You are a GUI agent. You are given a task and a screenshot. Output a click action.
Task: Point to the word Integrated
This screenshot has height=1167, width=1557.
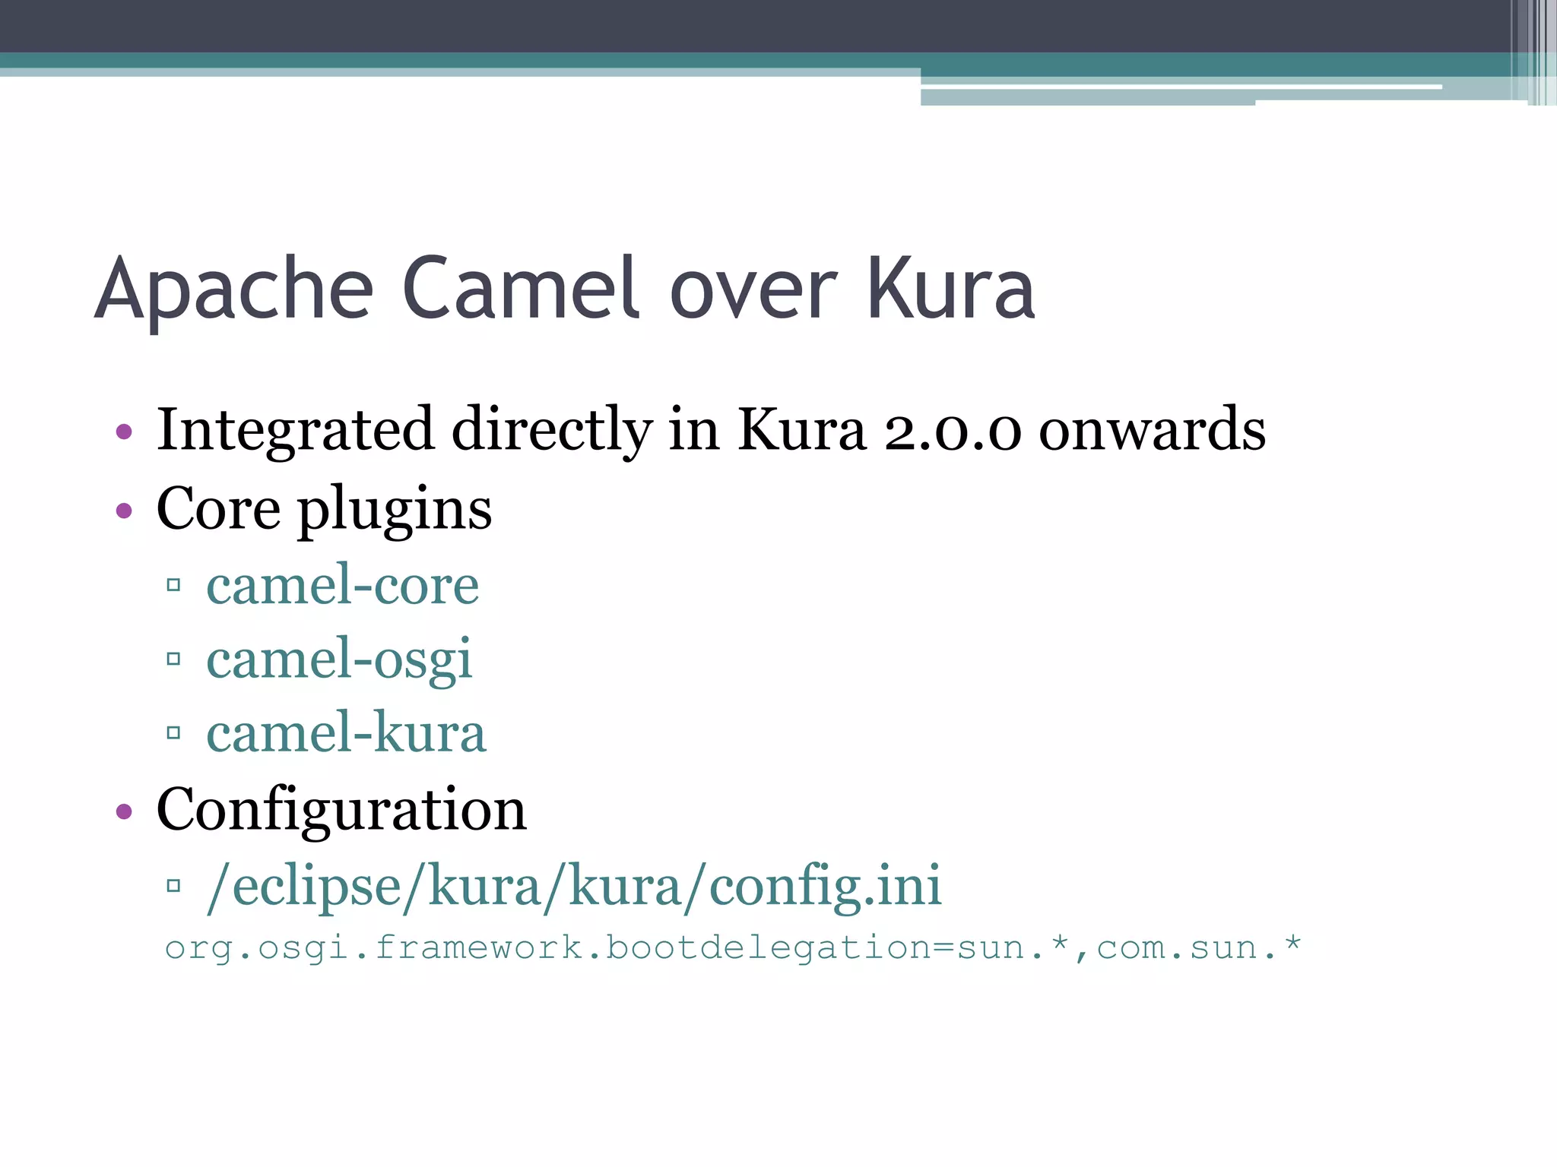coord(295,430)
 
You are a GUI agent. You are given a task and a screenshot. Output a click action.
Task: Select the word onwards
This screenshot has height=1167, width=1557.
coord(1152,430)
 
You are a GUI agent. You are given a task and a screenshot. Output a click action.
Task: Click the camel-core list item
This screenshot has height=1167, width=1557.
coord(343,585)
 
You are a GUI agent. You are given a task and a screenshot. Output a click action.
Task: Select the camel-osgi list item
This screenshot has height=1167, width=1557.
coord(339,659)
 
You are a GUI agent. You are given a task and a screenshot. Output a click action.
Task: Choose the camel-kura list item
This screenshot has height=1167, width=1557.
coord(346,733)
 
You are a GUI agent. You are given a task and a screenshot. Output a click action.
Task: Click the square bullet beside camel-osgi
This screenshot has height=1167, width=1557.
coord(173,659)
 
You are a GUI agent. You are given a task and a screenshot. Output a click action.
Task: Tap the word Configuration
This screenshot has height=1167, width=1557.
coord(341,810)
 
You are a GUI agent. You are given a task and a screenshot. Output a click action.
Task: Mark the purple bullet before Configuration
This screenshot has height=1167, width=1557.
coord(124,811)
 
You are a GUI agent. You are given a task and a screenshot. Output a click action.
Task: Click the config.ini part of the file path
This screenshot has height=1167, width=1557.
coord(825,886)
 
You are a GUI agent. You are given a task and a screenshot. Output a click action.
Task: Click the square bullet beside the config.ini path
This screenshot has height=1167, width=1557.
coord(173,885)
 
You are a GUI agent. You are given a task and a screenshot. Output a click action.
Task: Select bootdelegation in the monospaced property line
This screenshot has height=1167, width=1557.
coord(768,948)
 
